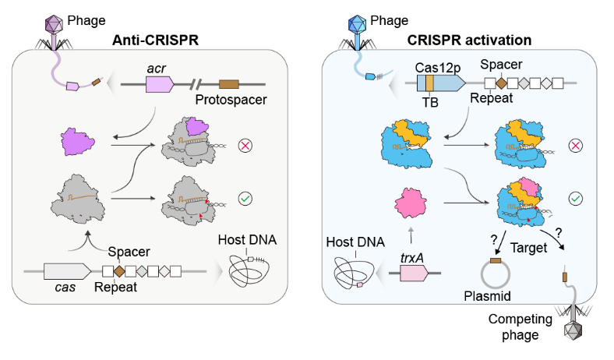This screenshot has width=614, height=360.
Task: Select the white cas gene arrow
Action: pyautogui.click(x=67, y=272)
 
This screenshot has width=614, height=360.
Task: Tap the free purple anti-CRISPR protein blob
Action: pyautogui.click(x=76, y=143)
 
